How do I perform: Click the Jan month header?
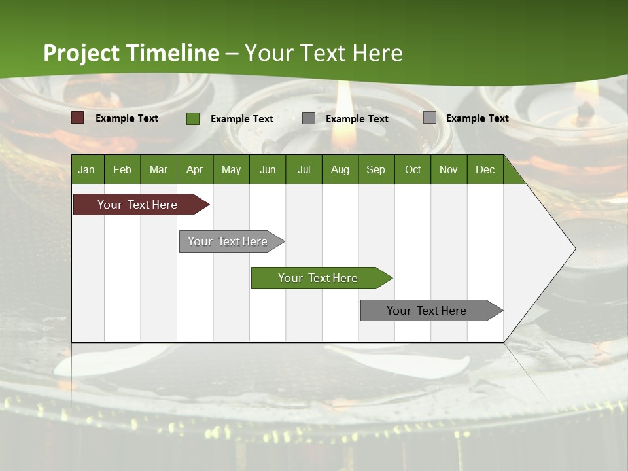coord(86,169)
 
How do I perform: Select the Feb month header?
coord(122,169)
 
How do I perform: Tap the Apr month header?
coord(194,169)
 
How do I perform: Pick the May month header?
coord(231,169)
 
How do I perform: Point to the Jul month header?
coord(304,169)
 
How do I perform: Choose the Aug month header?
coord(340,169)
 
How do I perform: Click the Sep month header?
coord(375,169)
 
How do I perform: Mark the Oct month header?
coord(413,169)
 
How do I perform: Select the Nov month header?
coord(449,169)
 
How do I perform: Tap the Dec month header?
coord(485,169)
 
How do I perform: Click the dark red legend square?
coord(78,118)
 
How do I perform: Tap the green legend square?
coord(193,118)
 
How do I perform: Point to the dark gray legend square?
coord(309,118)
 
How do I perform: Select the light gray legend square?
coord(430,118)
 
